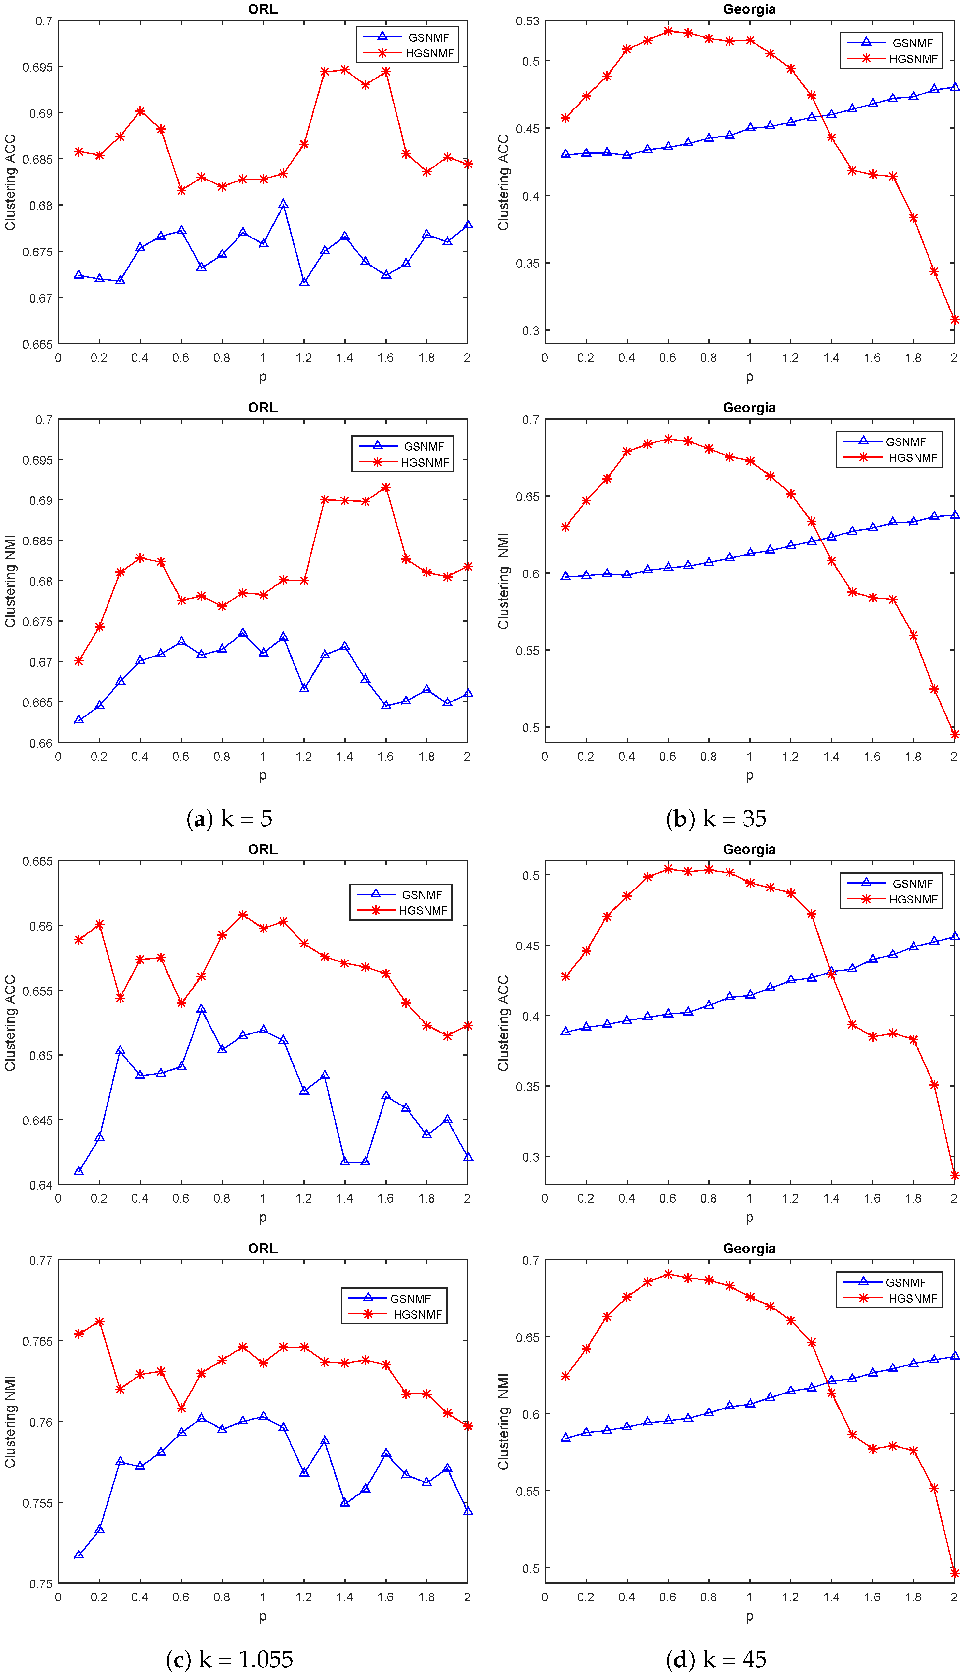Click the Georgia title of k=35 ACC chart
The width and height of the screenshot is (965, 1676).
(x=749, y=9)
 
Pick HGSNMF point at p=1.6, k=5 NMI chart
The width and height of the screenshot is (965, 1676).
(x=386, y=488)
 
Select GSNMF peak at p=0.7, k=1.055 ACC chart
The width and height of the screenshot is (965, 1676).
(x=201, y=1009)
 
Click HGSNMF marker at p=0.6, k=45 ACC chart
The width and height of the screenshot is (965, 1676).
(x=668, y=869)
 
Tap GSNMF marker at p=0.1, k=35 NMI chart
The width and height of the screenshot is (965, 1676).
(x=565, y=576)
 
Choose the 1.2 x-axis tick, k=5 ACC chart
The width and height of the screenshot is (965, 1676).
(x=304, y=358)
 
